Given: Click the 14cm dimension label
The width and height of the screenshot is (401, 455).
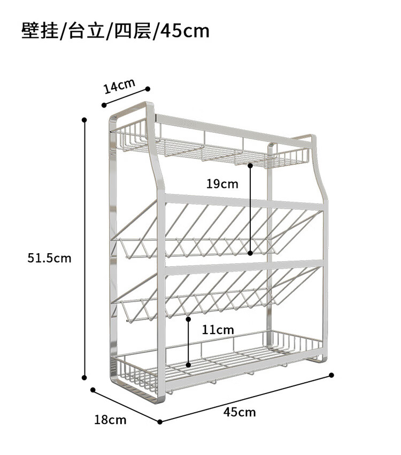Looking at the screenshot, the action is [119, 86].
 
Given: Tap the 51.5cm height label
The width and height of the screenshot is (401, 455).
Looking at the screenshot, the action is [49, 258].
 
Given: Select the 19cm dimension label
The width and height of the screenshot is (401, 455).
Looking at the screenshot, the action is [222, 184].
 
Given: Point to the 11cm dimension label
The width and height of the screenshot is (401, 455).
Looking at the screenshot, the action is [218, 330].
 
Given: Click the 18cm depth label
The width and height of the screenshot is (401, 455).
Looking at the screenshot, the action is [111, 420].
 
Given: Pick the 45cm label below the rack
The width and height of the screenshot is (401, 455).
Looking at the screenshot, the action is [240, 412].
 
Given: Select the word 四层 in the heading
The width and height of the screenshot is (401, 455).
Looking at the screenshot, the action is [132, 31].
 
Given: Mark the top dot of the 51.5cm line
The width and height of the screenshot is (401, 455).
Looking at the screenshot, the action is [84, 120].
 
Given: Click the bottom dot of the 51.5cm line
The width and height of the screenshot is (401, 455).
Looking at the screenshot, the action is [84, 377].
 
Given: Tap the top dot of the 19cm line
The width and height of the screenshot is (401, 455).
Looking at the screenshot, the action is [250, 165].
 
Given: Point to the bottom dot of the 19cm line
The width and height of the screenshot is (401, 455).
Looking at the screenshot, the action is [250, 253].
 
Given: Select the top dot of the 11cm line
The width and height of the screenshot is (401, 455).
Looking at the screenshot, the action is [188, 319].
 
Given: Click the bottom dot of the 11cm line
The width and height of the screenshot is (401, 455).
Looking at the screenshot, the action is [188, 365].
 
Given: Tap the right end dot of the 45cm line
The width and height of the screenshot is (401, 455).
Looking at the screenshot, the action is [331, 375].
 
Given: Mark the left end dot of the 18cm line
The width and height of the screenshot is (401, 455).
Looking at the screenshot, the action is [92, 390].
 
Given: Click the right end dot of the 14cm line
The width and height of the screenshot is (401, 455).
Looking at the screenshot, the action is [148, 89].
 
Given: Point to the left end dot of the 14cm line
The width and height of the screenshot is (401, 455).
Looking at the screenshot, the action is [103, 105].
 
